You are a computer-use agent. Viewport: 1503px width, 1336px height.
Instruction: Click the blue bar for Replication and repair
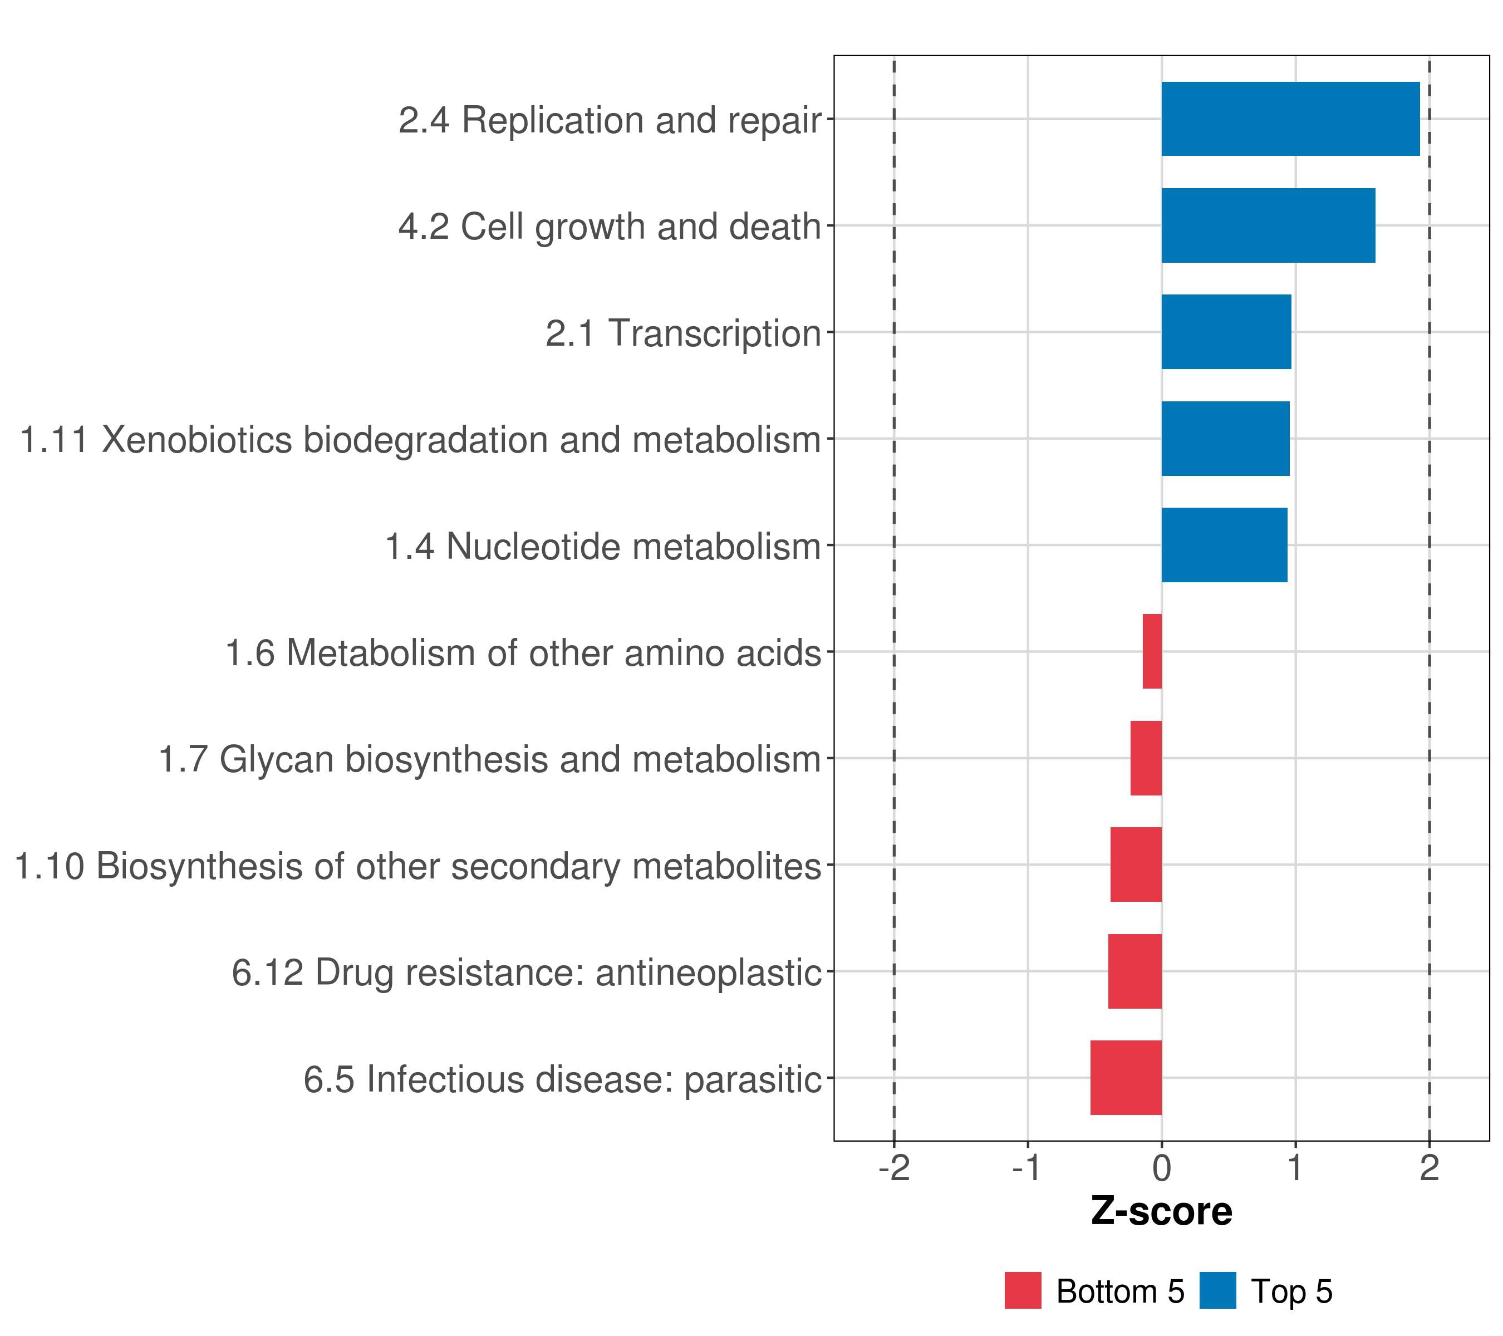click(1290, 119)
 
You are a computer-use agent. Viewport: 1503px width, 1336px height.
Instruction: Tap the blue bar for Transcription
click(1226, 332)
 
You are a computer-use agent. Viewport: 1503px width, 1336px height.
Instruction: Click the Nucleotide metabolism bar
click(1224, 545)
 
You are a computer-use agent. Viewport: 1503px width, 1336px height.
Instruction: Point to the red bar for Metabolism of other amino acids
click(1152, 651)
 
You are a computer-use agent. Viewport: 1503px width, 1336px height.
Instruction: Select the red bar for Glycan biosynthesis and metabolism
click(1146, 758)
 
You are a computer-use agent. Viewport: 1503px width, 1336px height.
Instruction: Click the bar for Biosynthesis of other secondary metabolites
click(1136, 865)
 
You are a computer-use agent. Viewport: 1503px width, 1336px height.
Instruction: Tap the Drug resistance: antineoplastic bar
click(1134, 971)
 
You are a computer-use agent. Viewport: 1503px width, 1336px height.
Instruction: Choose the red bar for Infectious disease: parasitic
click(1126, 1078)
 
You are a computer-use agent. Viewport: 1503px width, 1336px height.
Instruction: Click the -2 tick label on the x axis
click(894, 1168)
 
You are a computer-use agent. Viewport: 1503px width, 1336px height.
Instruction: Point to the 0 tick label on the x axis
click(1162, 1168)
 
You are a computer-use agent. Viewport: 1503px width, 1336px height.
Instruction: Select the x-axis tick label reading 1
click(1295, 1168)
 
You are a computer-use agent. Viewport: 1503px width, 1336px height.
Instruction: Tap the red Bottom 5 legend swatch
click(1023, 1290)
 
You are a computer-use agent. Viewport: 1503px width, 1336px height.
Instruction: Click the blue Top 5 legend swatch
click(1217, 1290)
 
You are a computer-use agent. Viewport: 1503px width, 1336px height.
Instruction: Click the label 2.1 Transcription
click(682, 333)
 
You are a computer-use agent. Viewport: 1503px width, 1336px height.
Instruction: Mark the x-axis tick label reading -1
click(1027, 1168)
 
